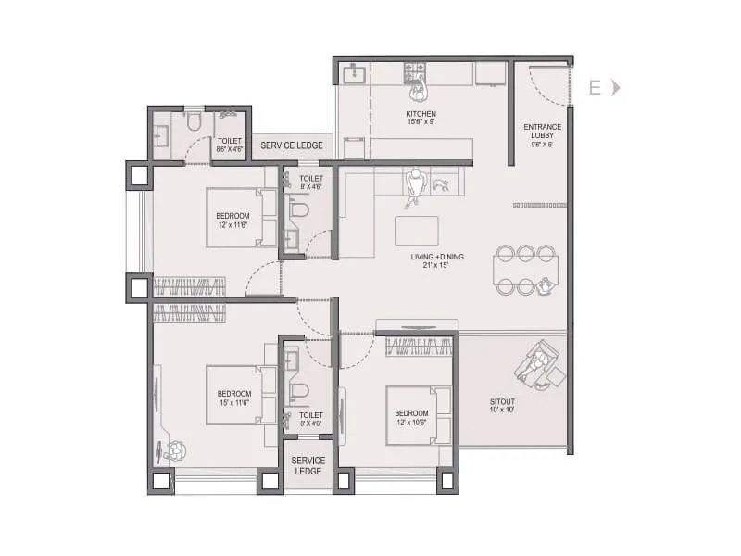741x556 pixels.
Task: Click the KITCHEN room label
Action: point(420,114)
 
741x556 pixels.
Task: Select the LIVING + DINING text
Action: point(438,257)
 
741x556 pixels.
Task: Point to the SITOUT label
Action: point(503,401)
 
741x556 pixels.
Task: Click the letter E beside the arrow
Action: point(595,88)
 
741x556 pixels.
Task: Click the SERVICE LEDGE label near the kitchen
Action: point(291,145)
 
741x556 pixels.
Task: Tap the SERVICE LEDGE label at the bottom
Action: point(308,465)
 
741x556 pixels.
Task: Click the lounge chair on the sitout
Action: point(539,362)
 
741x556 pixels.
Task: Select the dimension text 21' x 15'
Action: point(438,267)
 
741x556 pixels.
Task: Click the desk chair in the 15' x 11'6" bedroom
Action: point(176,451)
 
